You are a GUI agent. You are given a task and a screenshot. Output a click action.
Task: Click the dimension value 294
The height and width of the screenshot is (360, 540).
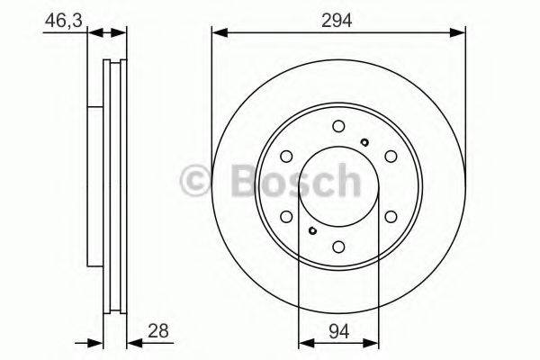tap(338, 17)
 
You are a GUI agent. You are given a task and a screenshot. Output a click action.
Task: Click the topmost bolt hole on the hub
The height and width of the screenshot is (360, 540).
tap(338, 126)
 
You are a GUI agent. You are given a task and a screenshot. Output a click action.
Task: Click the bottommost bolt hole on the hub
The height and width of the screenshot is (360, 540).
tap(338, 246)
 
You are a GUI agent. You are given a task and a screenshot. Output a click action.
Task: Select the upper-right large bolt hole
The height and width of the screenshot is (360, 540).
tap(391, 156)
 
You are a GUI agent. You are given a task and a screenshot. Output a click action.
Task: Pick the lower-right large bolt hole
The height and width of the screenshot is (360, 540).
tap(391, 216)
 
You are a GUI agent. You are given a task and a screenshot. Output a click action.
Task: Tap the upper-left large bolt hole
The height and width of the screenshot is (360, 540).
tap(286, 156)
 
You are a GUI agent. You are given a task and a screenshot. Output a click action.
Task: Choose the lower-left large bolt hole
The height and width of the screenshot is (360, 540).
tap(286, 216)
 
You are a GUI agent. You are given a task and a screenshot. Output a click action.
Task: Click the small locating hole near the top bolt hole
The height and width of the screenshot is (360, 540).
tap(364, 141)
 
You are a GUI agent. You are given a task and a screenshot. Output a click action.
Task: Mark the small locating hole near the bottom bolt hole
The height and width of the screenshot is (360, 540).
tap(312, 231)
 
